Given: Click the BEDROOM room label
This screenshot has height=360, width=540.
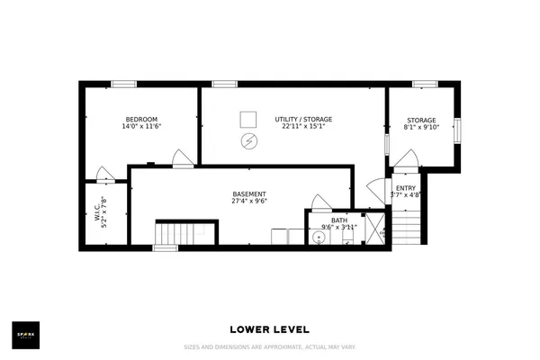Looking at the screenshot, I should pos(141,120).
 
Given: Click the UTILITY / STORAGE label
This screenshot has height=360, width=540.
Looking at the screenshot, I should pos(292,120).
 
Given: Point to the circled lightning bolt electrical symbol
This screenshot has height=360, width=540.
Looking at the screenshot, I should pos(248,141).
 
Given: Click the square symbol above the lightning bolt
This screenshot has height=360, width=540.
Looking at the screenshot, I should pos(248,119).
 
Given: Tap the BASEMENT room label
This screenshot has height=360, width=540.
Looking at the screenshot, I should pos(248,194).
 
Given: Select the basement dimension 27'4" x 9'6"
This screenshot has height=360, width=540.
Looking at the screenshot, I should pos(248,202).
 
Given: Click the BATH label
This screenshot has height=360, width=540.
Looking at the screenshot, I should pos(338,220).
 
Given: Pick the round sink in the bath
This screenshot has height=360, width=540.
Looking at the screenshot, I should pos(318,238).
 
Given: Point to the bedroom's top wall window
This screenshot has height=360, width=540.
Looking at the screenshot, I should pos(123,84).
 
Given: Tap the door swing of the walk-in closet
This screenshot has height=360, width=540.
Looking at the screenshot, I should pos(104,173).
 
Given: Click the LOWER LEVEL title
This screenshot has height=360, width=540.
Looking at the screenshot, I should pos(270,329).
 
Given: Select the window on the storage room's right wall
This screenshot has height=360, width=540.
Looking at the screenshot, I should pos(458,130).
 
